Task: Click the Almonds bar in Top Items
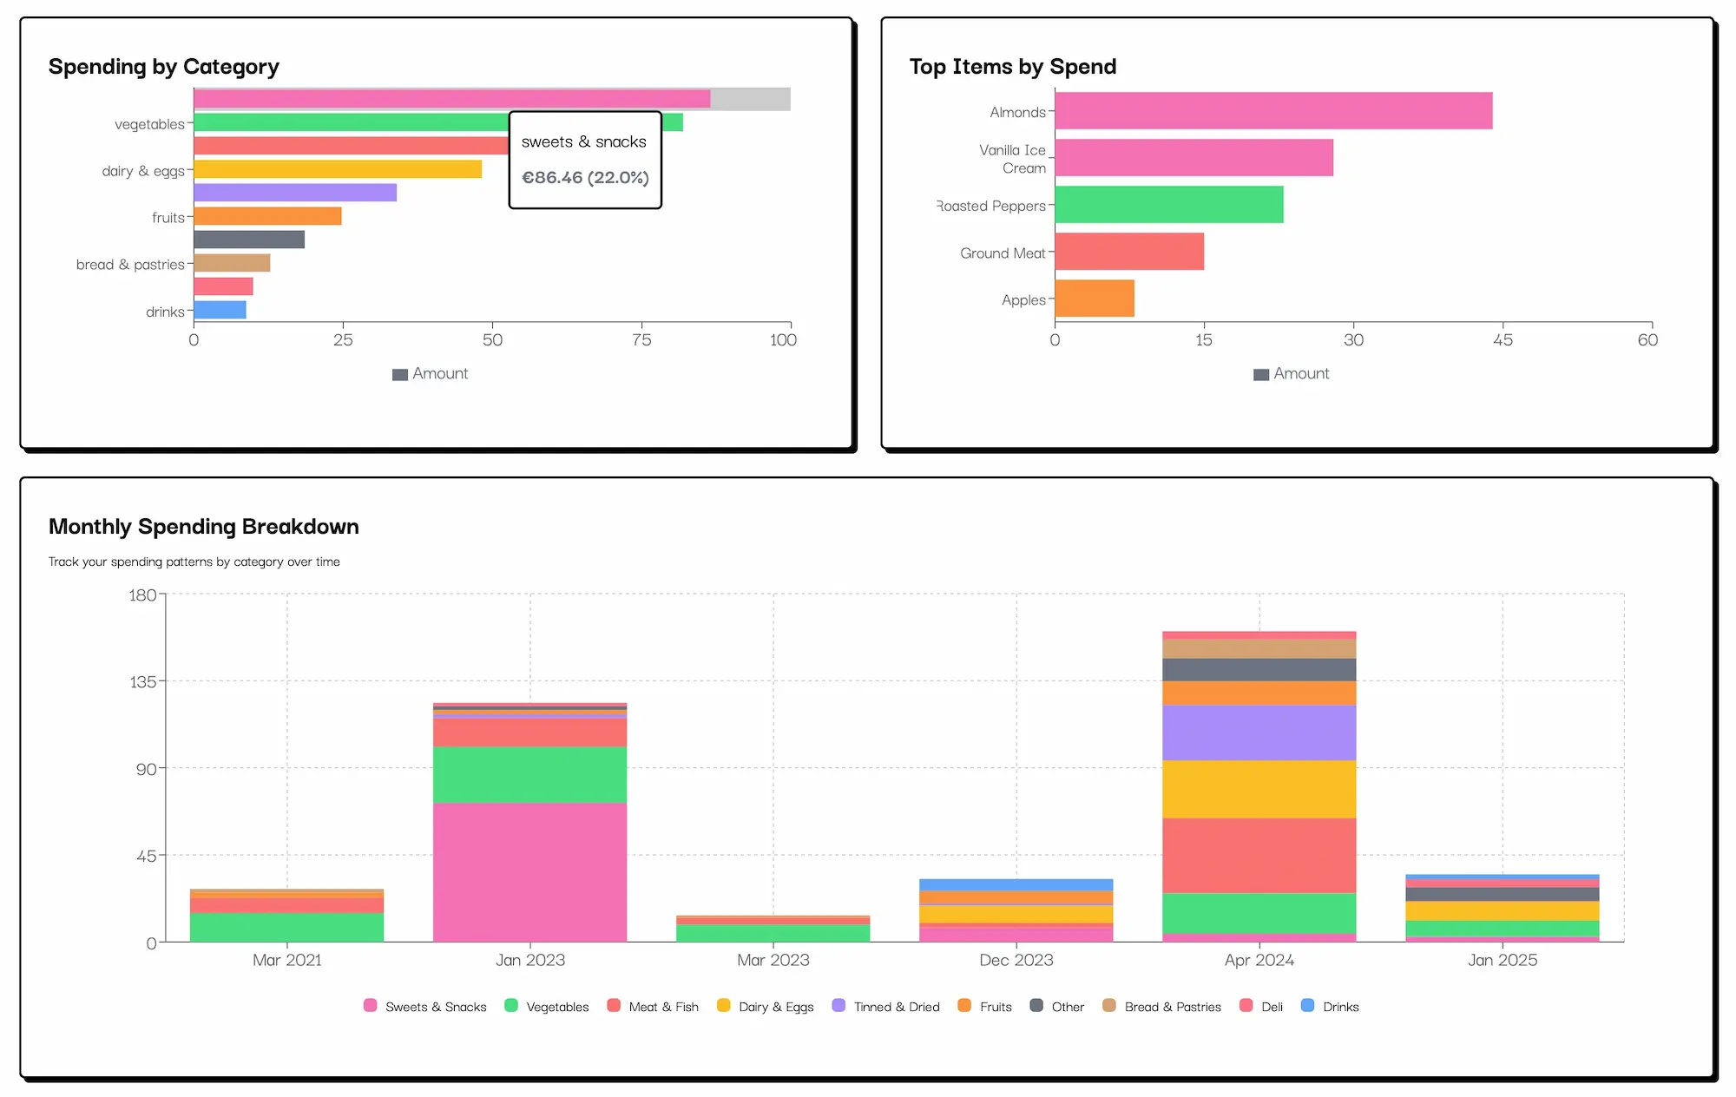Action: (1272, 111)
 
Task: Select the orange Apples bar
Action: (1094, 299)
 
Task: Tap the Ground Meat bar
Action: (1128, 252)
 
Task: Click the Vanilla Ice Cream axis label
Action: (1012, 159)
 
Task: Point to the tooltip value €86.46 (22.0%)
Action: (585, 178)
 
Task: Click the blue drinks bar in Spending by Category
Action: (220, 310)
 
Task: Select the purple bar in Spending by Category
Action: (295, 193)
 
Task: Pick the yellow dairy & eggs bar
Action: (337, 169)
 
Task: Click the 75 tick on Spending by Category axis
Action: (641, 340)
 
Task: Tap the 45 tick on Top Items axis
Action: (1503, 340)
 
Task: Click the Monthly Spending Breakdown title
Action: (204, 527)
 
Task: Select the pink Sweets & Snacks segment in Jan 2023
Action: (529, 871)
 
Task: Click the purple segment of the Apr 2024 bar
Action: (1259, 732)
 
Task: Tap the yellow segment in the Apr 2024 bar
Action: (1259, 789)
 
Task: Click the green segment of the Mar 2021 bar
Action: (286, 927)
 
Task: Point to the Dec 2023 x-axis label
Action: (1016, 960)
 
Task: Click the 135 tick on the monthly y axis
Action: (143, 682)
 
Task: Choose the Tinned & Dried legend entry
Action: (886, 1007)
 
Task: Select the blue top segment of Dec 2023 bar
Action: (1016, 884)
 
